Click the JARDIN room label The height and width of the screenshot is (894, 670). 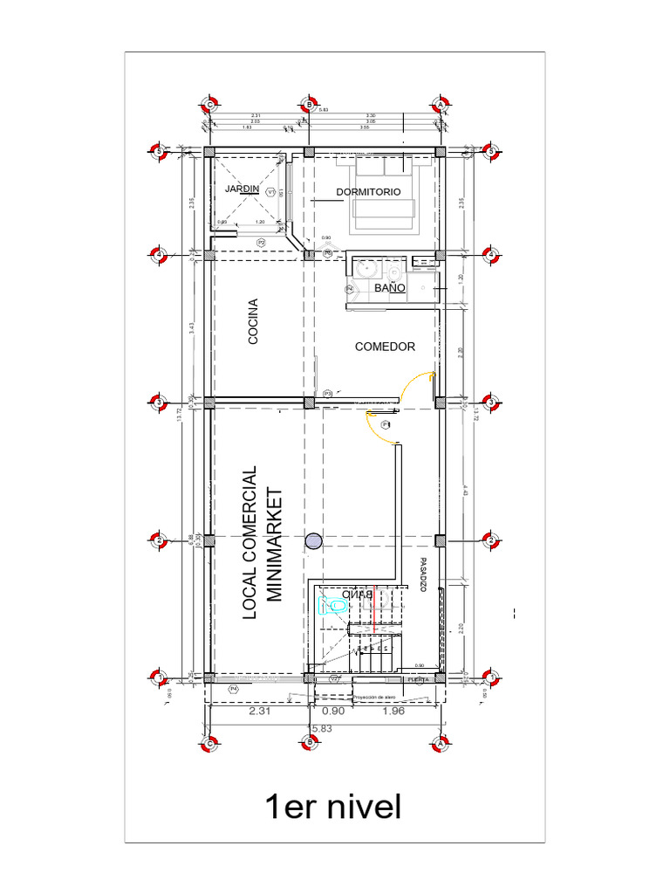pyautogui.click(x=242, y=189)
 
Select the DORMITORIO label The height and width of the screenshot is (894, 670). pyautogui.click(x=368, y=192)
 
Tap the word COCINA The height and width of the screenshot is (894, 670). pyautogui.click(x=253, y=321)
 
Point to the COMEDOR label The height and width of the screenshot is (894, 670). pyautogui.click(x=385, y=347)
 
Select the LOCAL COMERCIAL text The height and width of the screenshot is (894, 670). pyautogui.click(x=250, y=542)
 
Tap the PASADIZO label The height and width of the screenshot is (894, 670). pyautogui.click(x=423, y=575)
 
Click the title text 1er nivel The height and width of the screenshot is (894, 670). pyautogui.click(x=334, y=807)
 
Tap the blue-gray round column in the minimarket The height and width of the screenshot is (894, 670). pyautogui.click(x=312, y=542)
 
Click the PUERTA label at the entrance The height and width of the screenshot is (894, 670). pyautogui.click(x=418, y=679)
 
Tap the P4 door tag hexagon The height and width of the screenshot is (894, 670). pyautogui.click(x=233, y=690)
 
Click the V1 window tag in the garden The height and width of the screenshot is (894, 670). pyautogui.click(x=270, y=191)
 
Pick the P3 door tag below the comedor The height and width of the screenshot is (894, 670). pyautogui.click(x=328, y=393)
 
